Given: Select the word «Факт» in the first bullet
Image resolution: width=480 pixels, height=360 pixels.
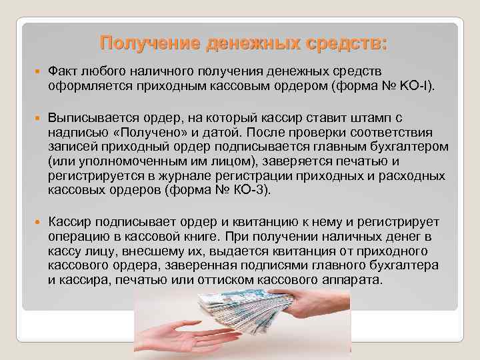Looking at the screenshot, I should (x=63, y=71).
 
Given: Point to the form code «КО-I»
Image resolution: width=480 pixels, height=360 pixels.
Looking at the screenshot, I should (x=418, y=85).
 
